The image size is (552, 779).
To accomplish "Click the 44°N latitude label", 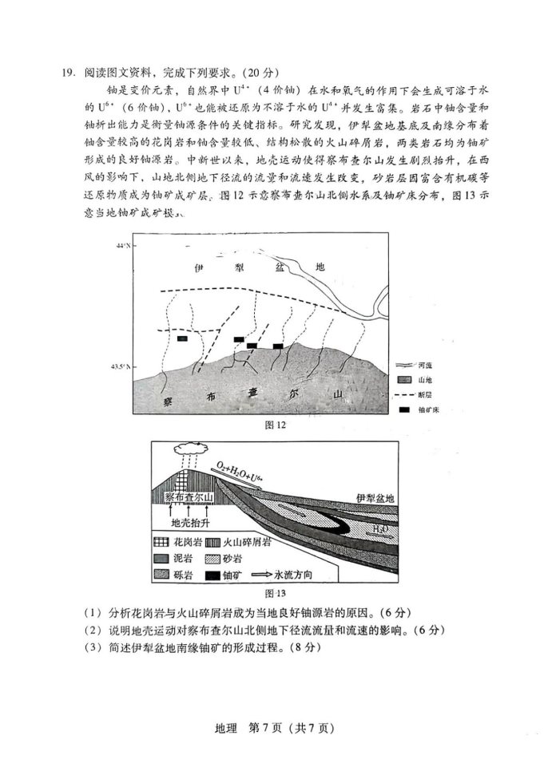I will (122, 245).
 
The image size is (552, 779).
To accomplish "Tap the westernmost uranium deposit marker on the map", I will (183, 338).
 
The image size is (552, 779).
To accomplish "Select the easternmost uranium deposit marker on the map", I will (278, 346).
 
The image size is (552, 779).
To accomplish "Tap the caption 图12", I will (275, 425).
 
